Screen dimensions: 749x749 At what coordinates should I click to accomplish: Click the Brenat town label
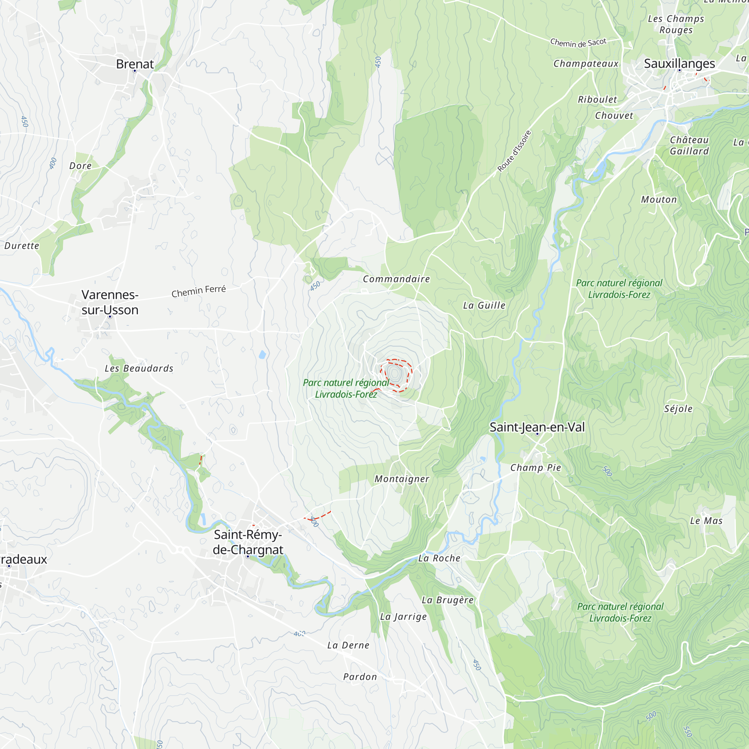(134, 64)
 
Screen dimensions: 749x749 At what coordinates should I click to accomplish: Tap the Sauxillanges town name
(679, 64)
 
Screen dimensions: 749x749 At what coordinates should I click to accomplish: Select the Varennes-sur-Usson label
(110, 302)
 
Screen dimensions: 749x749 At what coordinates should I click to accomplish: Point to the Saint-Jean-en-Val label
(537, 427)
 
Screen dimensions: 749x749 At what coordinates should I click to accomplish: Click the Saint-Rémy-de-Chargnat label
(248, 542)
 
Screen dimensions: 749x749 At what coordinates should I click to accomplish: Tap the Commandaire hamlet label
(396, 279)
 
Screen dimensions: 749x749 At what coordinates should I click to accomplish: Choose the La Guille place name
(484, 306)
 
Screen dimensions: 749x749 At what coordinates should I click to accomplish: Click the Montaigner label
(401, 479)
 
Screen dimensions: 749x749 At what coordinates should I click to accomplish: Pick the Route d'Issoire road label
(514, 151)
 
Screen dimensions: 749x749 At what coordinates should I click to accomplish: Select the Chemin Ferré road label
(198, 291)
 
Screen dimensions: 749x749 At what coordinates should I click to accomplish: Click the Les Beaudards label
(139, 368)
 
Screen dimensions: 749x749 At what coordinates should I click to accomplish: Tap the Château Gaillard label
(689, 145)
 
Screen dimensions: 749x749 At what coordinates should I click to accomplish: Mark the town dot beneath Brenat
(135, 71)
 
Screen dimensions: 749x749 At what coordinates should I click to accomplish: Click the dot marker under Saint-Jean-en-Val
(537, 434)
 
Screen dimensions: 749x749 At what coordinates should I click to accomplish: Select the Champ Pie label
(536, 467)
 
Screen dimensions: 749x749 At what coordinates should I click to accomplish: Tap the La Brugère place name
(448, 600)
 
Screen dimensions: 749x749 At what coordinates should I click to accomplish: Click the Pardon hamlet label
(360, 677)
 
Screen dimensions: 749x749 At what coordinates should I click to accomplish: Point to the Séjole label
(678, 409)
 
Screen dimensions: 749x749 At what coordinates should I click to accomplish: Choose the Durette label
(22, 246)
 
